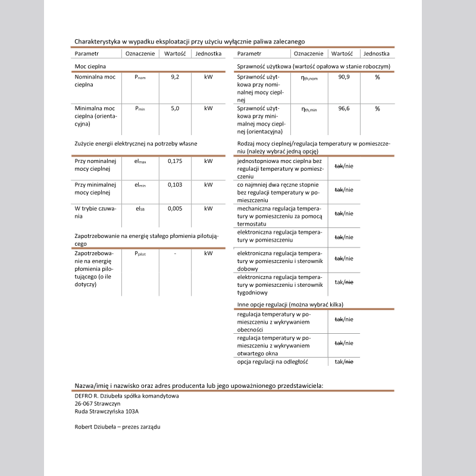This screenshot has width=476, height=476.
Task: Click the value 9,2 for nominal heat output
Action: click(x=174, y=77)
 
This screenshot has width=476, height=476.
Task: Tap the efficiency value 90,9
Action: click(x=344, y=77)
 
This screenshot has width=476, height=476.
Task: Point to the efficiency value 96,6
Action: click(x=344, y=109)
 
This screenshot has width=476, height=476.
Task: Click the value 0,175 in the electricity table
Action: click(x=174, y=161)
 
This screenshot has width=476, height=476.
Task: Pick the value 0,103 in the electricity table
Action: click(x=174, y=185)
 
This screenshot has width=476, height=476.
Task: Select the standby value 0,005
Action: click(x=174, y=209)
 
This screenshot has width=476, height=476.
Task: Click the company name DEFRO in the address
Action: click(x=83, y=395)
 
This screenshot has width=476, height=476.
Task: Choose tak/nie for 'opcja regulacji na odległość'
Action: click(x=344, y=362)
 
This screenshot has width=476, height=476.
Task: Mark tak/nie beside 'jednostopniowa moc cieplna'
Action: click(x=344, y=166)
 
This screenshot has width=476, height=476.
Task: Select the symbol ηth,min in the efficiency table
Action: click(x=309, y=109)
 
